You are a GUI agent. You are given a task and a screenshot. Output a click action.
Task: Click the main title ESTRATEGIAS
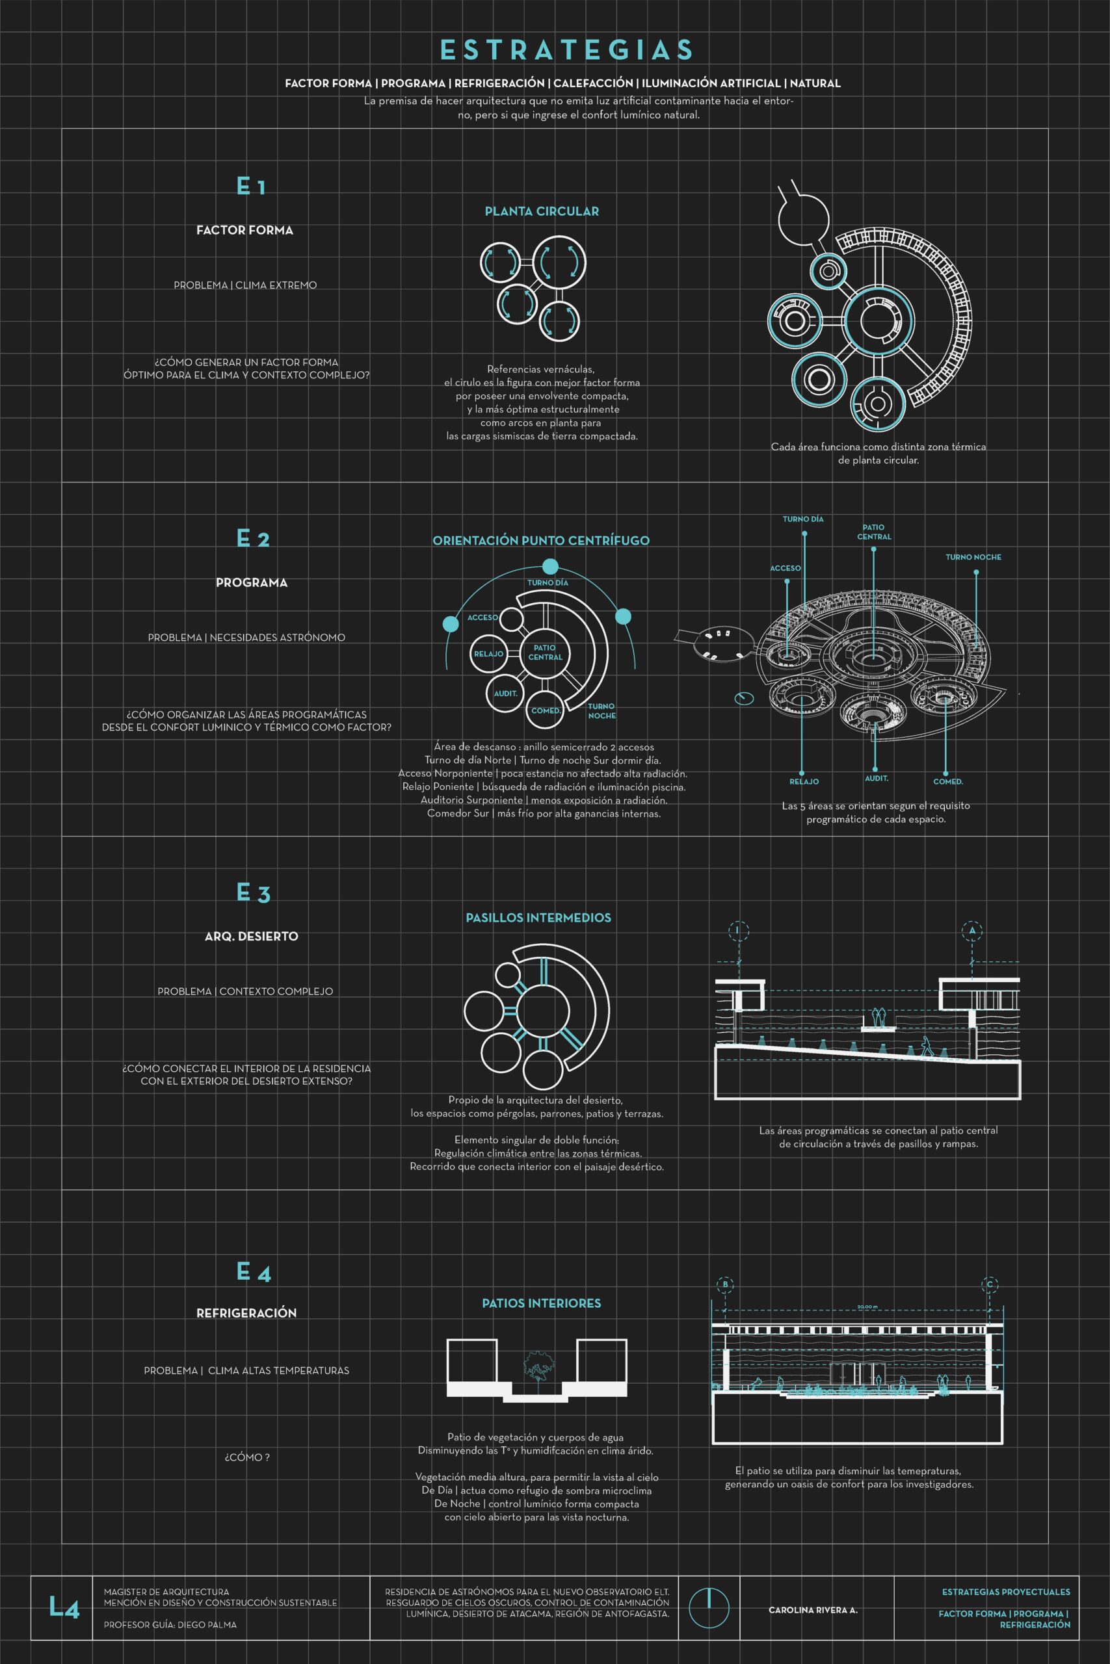pyautogui.click(x=566, y=49)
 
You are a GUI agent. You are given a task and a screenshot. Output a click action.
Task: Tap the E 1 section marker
pyautogui.click(x=250, y=186)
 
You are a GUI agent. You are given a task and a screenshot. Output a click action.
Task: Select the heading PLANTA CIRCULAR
pyautogui.click(x=542, y=211)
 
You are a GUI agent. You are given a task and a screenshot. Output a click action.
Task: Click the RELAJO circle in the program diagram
pyautogui.click(x=488, y=654)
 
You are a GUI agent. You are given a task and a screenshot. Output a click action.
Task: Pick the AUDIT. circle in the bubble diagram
pyautogui.click(x=505, y=694)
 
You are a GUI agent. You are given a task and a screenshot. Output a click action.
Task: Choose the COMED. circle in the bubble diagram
pyautogui.click(x=546, y=710)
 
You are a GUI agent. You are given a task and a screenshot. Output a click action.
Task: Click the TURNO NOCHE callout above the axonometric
pyautogui.click(x=973, y=558)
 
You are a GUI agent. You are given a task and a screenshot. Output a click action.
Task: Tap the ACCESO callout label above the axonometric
pyautogui.click(x=785, y=568)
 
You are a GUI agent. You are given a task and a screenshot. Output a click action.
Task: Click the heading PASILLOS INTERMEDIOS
pyautogui.click(x=538, y=918)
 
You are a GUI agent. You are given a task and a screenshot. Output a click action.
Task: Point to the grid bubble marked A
pyautogui.click(x=972, y=930)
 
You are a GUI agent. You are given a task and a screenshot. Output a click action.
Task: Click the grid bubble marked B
pyautogui.click(x=724, y=1284)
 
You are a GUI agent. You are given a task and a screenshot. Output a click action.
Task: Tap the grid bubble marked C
pyautogui.click(x=990, y=1284)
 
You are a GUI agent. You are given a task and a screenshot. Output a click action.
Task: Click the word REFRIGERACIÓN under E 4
pyautogui.click(x=246, y=1312)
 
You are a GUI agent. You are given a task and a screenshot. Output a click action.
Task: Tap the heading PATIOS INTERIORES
pyautogui.click(x=541, y=1303)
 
